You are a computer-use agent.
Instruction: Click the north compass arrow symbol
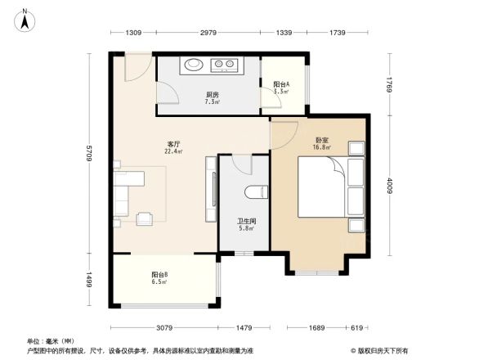(25, 18)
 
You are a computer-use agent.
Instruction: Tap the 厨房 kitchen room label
(212, 95)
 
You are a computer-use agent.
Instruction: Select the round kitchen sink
(195, 65)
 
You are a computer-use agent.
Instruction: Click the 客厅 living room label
(172, 144)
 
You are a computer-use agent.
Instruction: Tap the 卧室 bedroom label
(322, 140)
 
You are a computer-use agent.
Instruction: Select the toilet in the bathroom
(255, 193)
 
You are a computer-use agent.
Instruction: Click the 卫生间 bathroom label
(248, 221)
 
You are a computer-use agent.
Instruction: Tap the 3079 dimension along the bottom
(166, 327)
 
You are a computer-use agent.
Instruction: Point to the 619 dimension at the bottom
(357, 327)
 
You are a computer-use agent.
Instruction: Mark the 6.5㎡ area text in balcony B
(159, 282)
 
